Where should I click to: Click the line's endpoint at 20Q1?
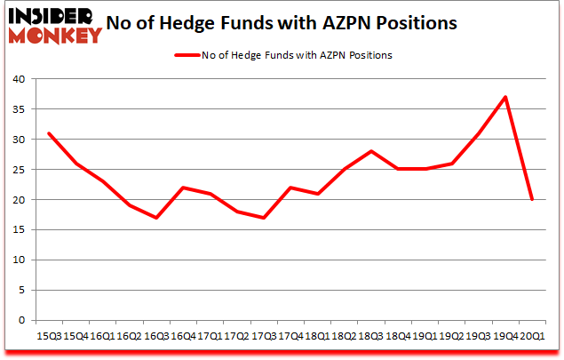click(x=531, y=199)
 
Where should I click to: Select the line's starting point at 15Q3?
click(x=50, y=133)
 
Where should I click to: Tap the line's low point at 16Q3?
click(x=155, y=218)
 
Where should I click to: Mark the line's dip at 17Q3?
click(x=264, y=218)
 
